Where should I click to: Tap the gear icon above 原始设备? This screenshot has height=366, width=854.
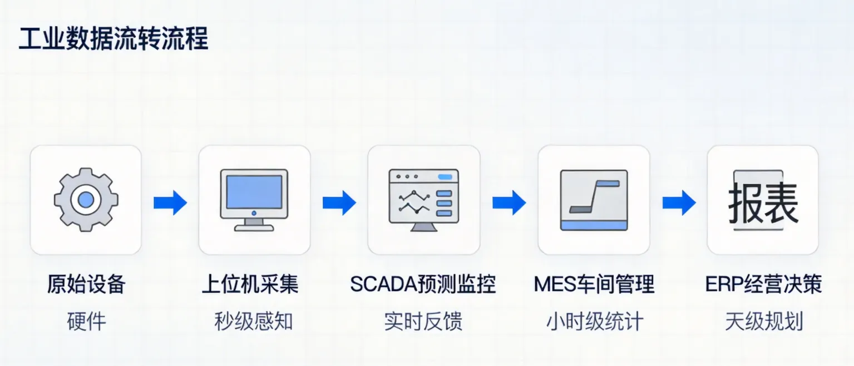coord(86,200)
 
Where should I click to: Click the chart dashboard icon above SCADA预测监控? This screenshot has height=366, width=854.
coord(423,200)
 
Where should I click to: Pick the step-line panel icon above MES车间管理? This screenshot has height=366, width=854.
coord(594,200)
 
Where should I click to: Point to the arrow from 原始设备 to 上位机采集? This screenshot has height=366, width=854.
coord(170,202)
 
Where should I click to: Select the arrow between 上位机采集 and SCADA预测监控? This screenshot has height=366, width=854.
coord(339,202)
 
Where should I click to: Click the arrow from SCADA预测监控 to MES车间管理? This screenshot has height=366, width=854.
coord(509,202)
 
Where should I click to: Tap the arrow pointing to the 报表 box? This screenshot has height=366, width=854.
coord(679,202)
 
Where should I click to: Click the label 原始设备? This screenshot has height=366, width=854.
coord(86,285)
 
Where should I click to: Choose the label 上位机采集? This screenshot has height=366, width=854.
coord(250,285)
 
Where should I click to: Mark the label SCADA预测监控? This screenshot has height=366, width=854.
coord(423,285)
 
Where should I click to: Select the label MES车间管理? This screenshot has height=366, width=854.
coord(594,285)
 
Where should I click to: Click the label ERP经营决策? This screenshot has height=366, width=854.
coord(763,285)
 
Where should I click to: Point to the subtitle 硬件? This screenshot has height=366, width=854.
coord(86,321)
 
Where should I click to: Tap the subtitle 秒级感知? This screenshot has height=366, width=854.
coord(254,321)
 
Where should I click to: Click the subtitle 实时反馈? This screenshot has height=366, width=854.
coord(423,321)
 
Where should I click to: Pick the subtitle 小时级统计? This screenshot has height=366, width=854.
coord(594,321)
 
